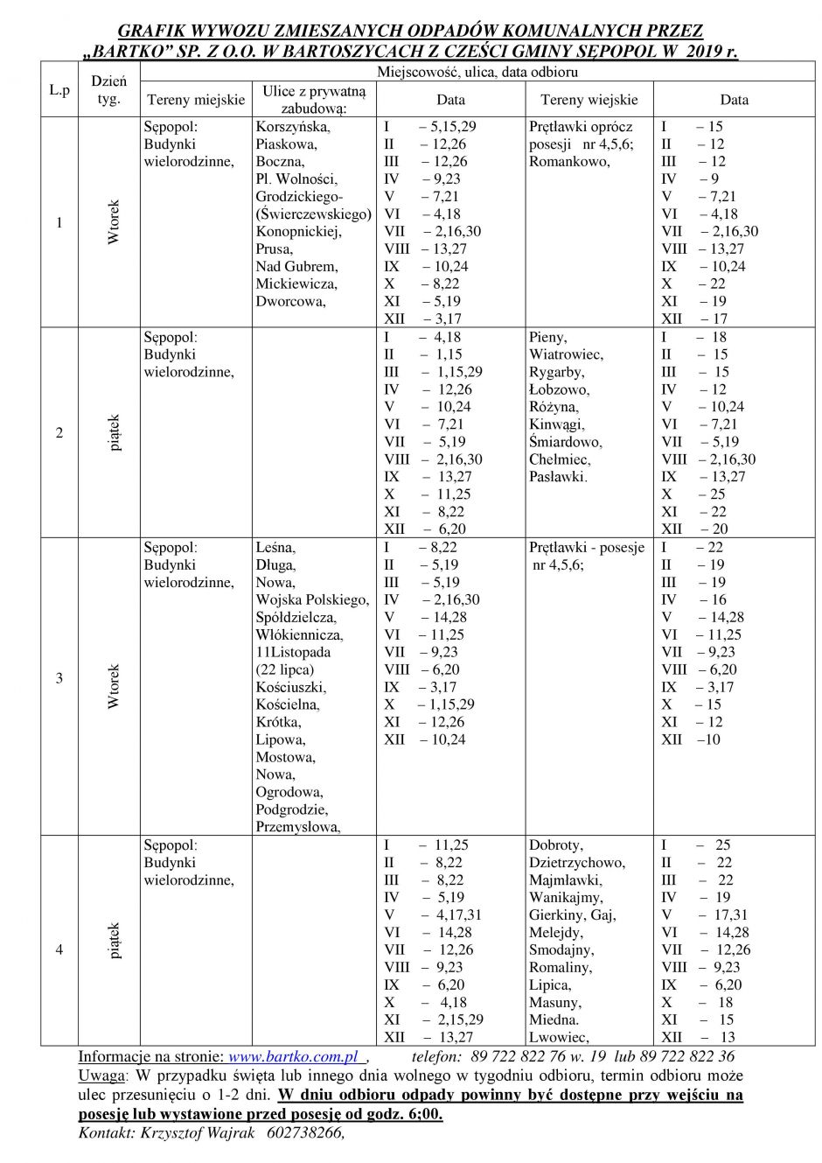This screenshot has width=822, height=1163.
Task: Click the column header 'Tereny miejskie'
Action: [195, 100]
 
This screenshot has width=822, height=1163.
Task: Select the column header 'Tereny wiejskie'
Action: [589, 100]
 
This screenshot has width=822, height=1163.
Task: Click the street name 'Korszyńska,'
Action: [293, 126]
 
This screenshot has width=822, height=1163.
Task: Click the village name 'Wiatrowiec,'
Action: [566, 354]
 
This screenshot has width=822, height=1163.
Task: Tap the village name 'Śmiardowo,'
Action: [565, 442]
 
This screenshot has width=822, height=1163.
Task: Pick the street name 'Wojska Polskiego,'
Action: [312, 599]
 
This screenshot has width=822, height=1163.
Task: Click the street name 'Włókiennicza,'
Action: [299, 634]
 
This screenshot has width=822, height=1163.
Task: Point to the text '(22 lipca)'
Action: [285, 669]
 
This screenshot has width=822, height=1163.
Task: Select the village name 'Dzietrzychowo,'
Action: [577, 862]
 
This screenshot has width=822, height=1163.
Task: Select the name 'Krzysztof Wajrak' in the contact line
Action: [186, 1132]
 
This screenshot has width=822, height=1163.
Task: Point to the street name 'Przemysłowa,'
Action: [298, 827]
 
